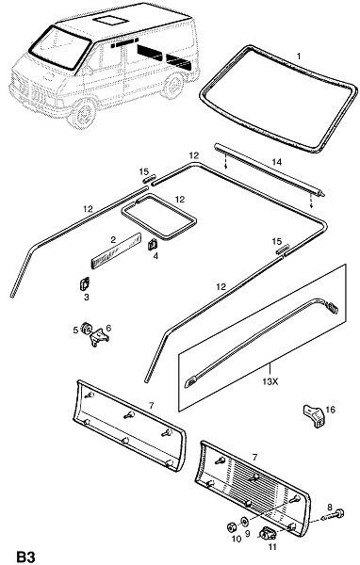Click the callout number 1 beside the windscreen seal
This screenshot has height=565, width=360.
(x=299, y=56)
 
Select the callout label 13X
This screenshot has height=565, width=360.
(x=270, y=381)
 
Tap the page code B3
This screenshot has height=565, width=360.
(x=26, y=557)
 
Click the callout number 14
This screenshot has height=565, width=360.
(x=277, y=162)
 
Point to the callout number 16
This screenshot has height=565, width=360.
(x=331, y=410)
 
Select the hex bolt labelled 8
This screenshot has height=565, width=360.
(x=335, y=514)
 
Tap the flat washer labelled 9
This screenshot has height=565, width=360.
(x=245, y=521)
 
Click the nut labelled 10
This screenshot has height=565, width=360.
(x=232, y=526)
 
